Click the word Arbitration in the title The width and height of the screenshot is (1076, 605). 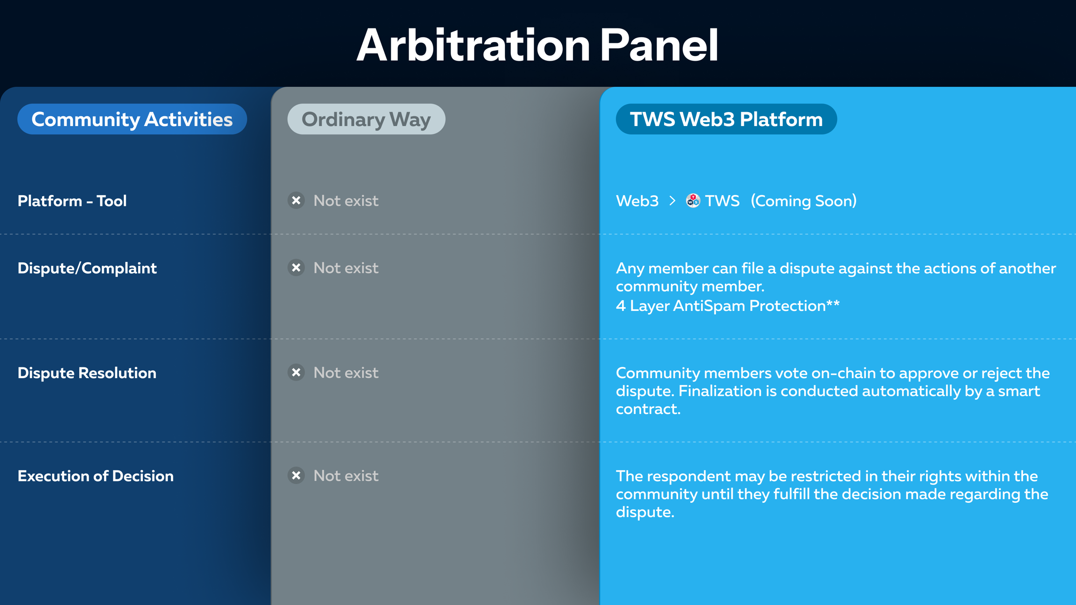tap(474, 45)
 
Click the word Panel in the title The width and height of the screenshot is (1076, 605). tap(659, 45)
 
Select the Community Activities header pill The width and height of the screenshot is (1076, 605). tap(132, 119)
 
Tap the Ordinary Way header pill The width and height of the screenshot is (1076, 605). tap(366, 119)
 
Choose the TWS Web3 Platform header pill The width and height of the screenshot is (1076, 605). tap(726, 119)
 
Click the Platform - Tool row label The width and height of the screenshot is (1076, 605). tap(72, 201)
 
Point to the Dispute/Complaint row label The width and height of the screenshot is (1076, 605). tap(87, 268)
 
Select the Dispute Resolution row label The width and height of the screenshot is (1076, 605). tap(87, 373)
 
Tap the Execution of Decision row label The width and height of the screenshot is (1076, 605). tap(96, 476)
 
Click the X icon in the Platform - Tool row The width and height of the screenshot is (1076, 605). tap(296, 200)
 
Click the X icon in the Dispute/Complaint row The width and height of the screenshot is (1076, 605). tap(296, 267)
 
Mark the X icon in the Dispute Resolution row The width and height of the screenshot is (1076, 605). tap(296, 373)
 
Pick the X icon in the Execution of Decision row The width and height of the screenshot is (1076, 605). tap(296, 475)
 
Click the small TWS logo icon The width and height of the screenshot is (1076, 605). tap(693, 201)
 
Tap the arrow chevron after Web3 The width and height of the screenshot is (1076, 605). tap(672, 201)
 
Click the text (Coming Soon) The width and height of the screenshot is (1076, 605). tap(804, 201)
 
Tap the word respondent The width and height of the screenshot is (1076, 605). tap(688, 477)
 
